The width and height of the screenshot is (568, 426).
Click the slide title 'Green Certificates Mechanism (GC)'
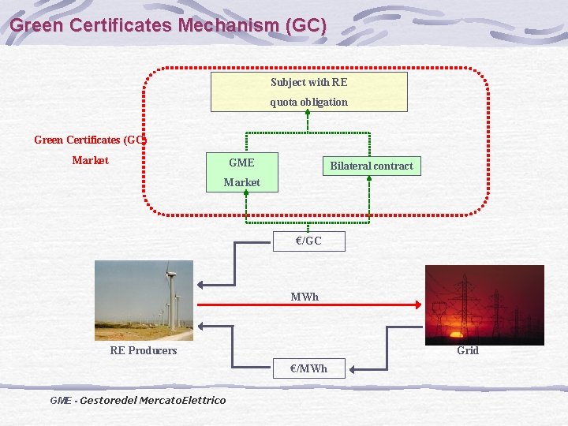click(x=167, y=25)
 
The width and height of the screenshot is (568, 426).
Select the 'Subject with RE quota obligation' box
click(x=308, y=92)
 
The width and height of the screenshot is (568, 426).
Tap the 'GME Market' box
click(x=241, y=172)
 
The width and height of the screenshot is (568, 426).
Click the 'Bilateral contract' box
click(x=371, y=166)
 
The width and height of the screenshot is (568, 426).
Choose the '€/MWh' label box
click(x=308, y=368)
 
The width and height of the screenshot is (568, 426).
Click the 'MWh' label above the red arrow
click(x=305, y=297)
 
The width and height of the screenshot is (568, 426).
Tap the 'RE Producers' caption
click(x=143, y=350)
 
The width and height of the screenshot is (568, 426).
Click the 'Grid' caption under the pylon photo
click(x=468, y=350)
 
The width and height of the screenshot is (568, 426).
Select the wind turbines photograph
click(x=144, y=301)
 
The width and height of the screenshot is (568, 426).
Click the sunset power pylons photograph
click(x=484, y=305)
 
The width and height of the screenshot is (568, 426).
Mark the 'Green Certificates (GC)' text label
click(x=90, y=140)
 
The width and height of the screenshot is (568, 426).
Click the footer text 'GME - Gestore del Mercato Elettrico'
click(x=137, y=400)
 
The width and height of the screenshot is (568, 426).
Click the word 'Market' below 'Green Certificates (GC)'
click(x=90, y=160)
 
